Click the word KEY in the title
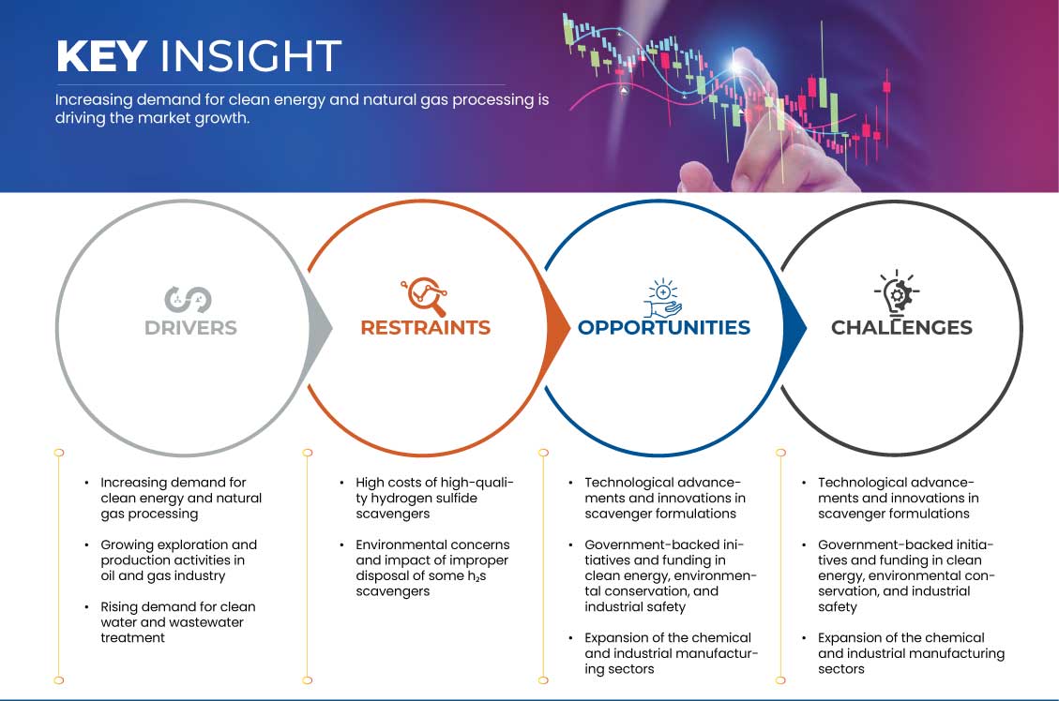pyautogui.click(x=101, y=55)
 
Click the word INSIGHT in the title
pyautogui.click(x=250, y=55)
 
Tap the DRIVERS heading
pyautogui.click(x=190, y=328)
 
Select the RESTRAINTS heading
pyautogui.click(x=426, y=328)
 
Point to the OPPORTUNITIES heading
pyautogui.click(x=664, y=328)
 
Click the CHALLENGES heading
pyautogui.click(x=901, y=328)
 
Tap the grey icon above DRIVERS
pyautogui.click(x=188, y=299)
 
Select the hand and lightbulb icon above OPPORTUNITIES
pyautogui.click(x=662, y=297)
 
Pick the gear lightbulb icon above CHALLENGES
pyautogui.click(x=897, y=293)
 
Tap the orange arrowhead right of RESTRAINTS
pyautogui.click(x=558, y=328)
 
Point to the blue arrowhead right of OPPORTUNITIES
pyautogui.click(x=794, y=328)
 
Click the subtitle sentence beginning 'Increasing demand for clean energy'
pyautogui.click(x=302, y=109)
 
